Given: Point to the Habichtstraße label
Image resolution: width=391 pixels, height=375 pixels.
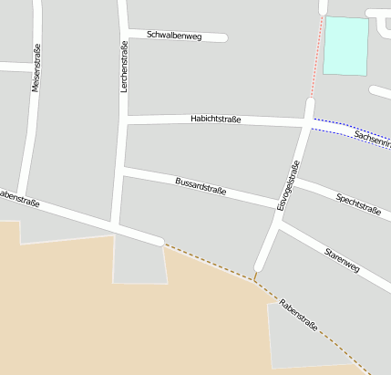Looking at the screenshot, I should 215,120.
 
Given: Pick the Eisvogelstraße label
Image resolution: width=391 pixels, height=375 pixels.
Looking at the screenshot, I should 287,186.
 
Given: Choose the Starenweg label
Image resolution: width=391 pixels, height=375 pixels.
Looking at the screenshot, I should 343,259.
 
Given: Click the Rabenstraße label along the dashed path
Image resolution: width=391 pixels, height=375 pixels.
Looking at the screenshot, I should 298,314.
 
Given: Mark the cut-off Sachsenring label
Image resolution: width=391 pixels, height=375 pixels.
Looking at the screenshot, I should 373,139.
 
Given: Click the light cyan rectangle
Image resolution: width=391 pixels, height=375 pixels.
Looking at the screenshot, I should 346,46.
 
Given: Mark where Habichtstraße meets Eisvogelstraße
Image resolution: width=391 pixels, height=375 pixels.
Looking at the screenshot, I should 307,121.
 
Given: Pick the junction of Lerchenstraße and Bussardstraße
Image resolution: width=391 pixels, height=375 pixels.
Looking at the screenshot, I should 120,170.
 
